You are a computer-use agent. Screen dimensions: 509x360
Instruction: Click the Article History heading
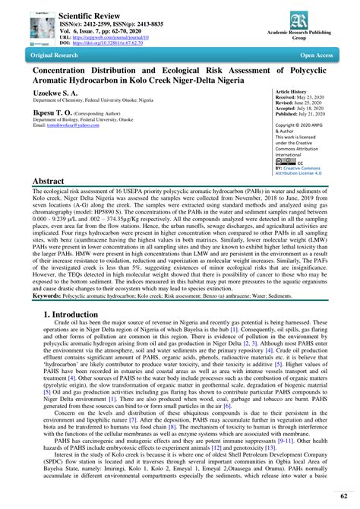click(x=297, y=90)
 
